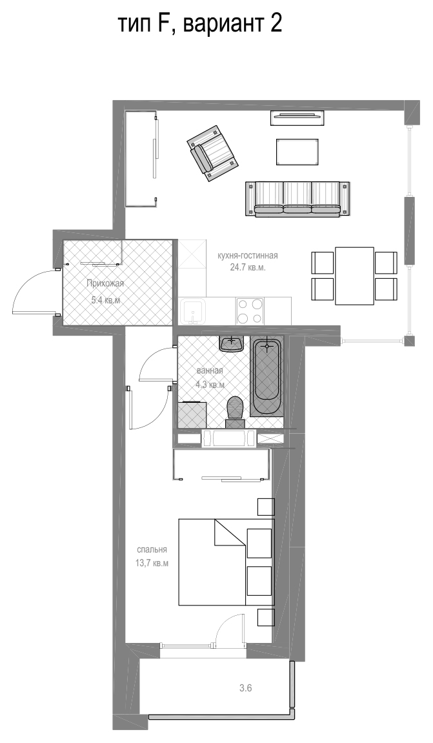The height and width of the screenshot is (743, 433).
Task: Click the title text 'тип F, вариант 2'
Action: pyautogui.click(x=199, y=23)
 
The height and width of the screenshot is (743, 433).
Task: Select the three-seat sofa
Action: pyautogui.click(x=297, y=199)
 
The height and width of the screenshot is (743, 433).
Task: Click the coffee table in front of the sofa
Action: pyautogui.click(x=297, y=152)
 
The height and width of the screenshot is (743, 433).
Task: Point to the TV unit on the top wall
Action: pyautogui.click(x=297, y=117)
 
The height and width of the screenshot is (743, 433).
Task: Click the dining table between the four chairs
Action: pyautogui.click(x=354, y=276)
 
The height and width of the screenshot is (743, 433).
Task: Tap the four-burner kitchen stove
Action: pyautogui.click(x=250, y=310)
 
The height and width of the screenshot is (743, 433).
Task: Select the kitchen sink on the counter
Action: pyautogui.click(x=194, y=311)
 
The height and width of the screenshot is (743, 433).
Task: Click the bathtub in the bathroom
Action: pyautogui.click(x=267, y=377)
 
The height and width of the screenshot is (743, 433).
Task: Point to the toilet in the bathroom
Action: pyautogui.click(x=235, y=412)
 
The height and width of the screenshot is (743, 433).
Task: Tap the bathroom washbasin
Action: pyautogui.click(x=232, y=343)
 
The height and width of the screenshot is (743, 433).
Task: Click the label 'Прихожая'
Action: pyautogui.click(x=105, y=284)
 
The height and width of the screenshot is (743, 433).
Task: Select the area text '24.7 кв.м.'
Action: pyautogui.click(x=248, y=267)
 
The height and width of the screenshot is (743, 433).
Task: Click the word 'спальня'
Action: pyautogui.click(x=152, y=550)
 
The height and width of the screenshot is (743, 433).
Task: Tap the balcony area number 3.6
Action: pyautogui.click(x=245, y=688)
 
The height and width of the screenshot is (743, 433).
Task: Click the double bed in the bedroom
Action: pyautogui.click(x=227, y=562)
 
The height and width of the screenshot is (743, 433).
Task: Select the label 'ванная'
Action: pyautogui.click(x=209, y=371)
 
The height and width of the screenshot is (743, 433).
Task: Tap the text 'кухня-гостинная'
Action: pyautogui.click(x=247, y=256)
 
